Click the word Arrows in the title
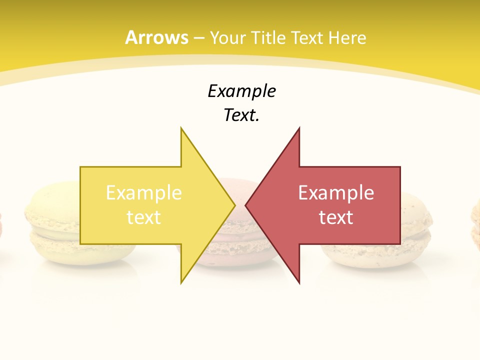click(x=156, y=37)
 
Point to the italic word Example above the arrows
click(x=241, y=91)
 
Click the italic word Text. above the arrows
click(x=241, y=115)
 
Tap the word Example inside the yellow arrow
click(x=144, y=192)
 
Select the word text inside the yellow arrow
click(x=144, y=217)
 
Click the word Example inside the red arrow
click(x=336, y=192)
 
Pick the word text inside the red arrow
click(x=336, y=217)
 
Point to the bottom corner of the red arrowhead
click(x=299, y=282)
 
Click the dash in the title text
click(x=199, y=38)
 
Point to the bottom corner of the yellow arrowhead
click(x=181, y=282)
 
